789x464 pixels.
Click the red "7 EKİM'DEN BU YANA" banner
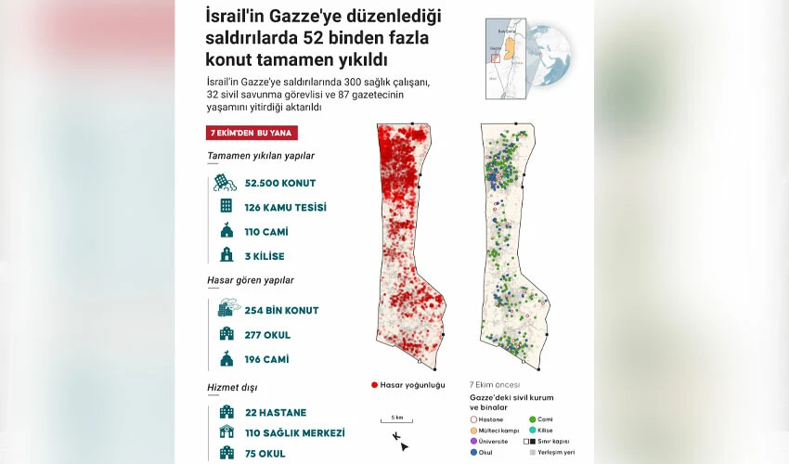click(x=252, y=133)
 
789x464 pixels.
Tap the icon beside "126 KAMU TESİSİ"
click(x=226, y=206)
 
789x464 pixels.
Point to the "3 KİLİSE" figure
click(x=265, y=256)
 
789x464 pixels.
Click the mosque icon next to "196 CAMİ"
click(x=226, y=359)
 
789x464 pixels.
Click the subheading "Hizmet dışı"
click(x=232, y=387)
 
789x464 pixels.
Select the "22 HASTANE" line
click(x=276, y=412)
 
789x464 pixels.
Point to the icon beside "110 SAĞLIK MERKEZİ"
click(x=226, y=432)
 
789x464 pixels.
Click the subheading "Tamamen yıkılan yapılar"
click(x=261, y=155)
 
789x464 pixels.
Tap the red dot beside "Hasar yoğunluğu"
click(x=374, y=384)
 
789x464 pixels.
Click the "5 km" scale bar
click(x=396, y=422)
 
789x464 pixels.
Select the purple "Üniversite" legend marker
click(x=474, y=441)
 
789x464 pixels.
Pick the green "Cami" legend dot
click(x=532, y=419)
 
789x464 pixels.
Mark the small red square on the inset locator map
click(x=496, y=58)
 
